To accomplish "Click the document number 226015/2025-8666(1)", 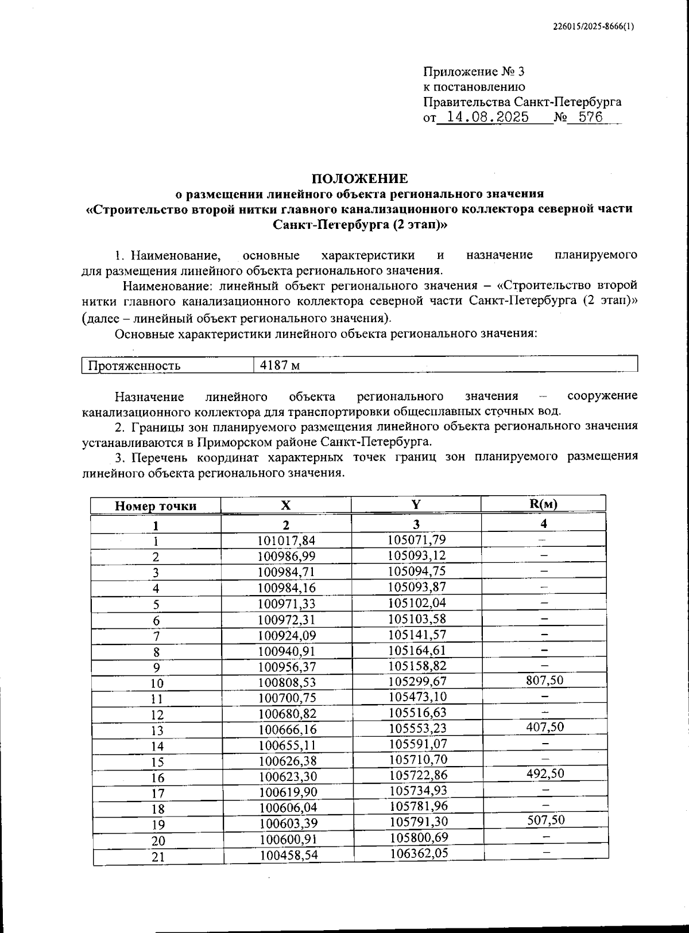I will (x=593, y=26).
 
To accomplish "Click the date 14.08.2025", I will (x=488, y=118).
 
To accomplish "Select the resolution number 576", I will (x=590, y=118).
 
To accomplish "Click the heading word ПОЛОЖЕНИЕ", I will (x=360, y=178).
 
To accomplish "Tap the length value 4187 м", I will (x=280, y=366).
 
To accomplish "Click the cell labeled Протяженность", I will (x=134, y=366).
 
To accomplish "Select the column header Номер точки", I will (x=156, y=506).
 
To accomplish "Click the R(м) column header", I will (x=543, y=504).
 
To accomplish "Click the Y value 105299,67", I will (x=417, y=681).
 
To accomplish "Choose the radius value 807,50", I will (x=545, y=681).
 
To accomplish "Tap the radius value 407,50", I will (x=545, y=727).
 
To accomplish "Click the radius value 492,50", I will (x=545, y=773).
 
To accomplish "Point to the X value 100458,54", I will (x=289, y=856).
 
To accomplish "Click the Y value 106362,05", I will (x=419, y=853).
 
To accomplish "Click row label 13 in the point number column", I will (x=157, y=730).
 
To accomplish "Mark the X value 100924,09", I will (x=287, y=635).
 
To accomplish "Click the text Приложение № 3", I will (x=474, y=72).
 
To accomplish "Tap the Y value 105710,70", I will (x=417, y=759).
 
